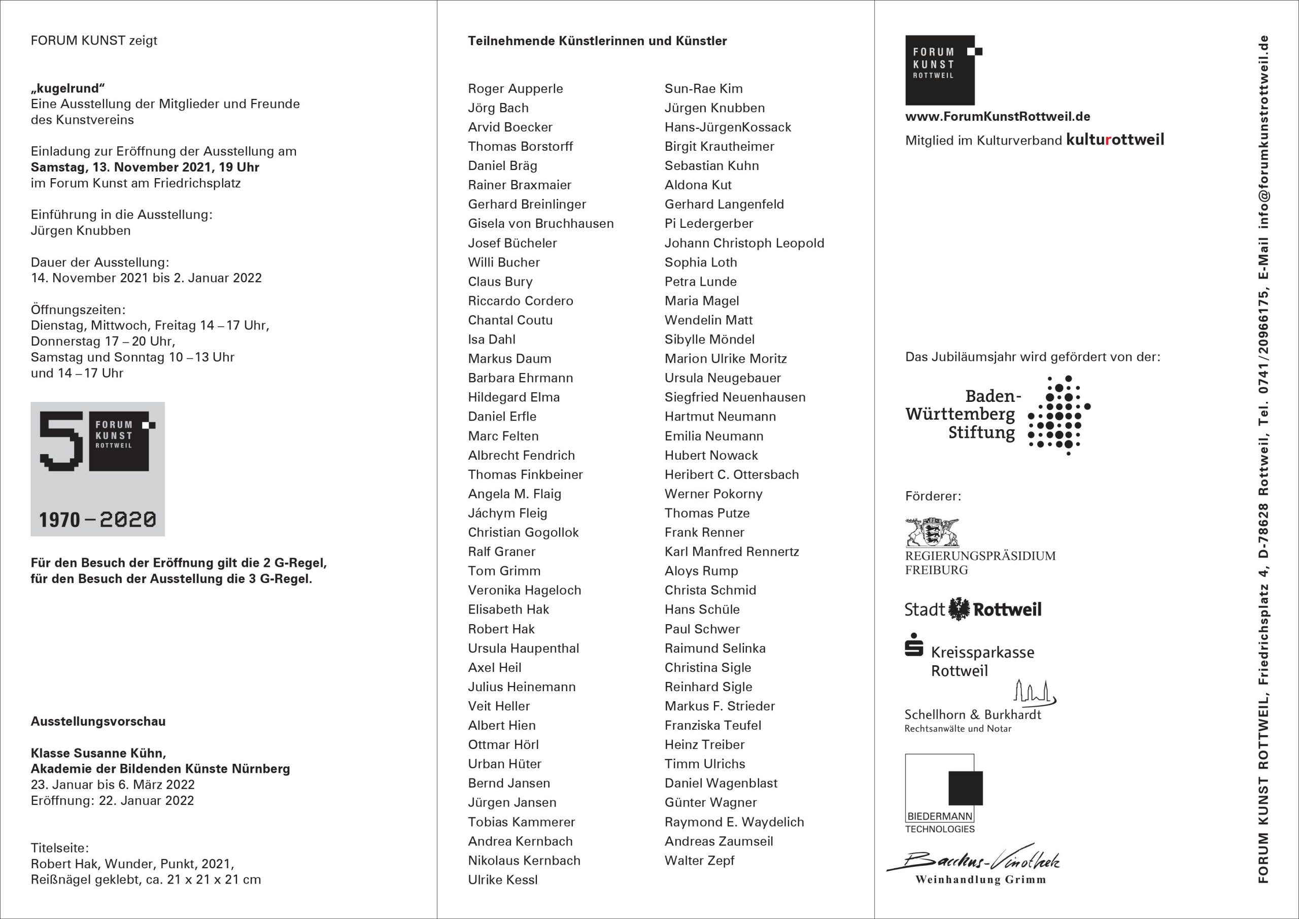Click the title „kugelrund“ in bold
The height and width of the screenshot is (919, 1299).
68,88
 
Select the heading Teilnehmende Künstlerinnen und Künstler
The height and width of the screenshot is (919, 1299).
597,41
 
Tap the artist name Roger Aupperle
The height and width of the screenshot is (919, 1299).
516,89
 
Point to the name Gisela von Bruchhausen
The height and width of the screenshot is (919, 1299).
540,223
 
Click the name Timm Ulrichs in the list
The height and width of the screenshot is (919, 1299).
704,764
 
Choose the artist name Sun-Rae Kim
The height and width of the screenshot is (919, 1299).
703,89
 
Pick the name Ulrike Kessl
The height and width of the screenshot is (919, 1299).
502,880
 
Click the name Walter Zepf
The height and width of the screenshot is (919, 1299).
699,861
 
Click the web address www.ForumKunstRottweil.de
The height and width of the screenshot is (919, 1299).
998,117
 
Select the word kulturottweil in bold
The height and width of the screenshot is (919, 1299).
1115,140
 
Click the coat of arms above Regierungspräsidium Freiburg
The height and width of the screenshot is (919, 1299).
932,532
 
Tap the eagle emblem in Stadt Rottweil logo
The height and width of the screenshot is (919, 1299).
959,609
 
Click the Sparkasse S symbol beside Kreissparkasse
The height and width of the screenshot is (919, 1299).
914,645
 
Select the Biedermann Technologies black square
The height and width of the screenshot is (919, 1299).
965,787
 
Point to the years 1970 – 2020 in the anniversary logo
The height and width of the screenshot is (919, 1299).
97,520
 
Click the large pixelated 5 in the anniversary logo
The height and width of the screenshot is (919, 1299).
61,441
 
